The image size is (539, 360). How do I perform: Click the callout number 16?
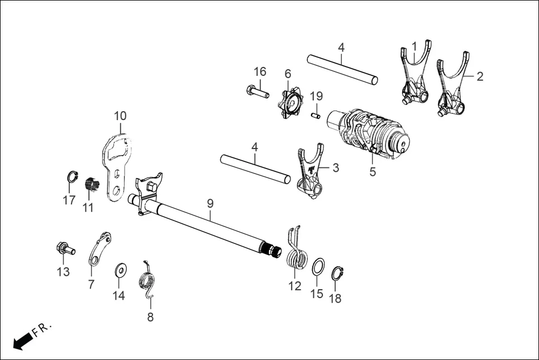[260, 71]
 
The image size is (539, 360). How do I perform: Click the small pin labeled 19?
[316, 115]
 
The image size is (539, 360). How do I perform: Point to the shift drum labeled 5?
[371, 133]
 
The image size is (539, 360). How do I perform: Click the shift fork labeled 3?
[310, 173]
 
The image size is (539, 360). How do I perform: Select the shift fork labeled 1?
[414, 78]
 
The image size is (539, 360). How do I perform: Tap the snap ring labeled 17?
[70, 177]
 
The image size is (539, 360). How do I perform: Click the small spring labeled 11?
[91, 185]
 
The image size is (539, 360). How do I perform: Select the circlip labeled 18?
[336, 274]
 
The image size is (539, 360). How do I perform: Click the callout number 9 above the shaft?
[210, 203]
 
